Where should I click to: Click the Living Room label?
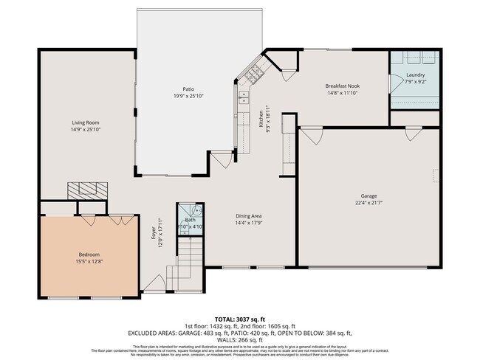tap(86, 122)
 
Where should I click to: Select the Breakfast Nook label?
tap(343, 86)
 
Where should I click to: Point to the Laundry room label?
tap(415, 74)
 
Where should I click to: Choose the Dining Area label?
tap(249, 215)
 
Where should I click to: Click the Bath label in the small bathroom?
tap(190, 220)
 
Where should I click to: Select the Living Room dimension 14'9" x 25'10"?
tap(86, 130)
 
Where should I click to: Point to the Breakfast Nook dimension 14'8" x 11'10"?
tap(343, 94)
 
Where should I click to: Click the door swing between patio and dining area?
tap(220, 160)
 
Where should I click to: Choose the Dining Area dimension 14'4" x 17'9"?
tap(249, 223)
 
